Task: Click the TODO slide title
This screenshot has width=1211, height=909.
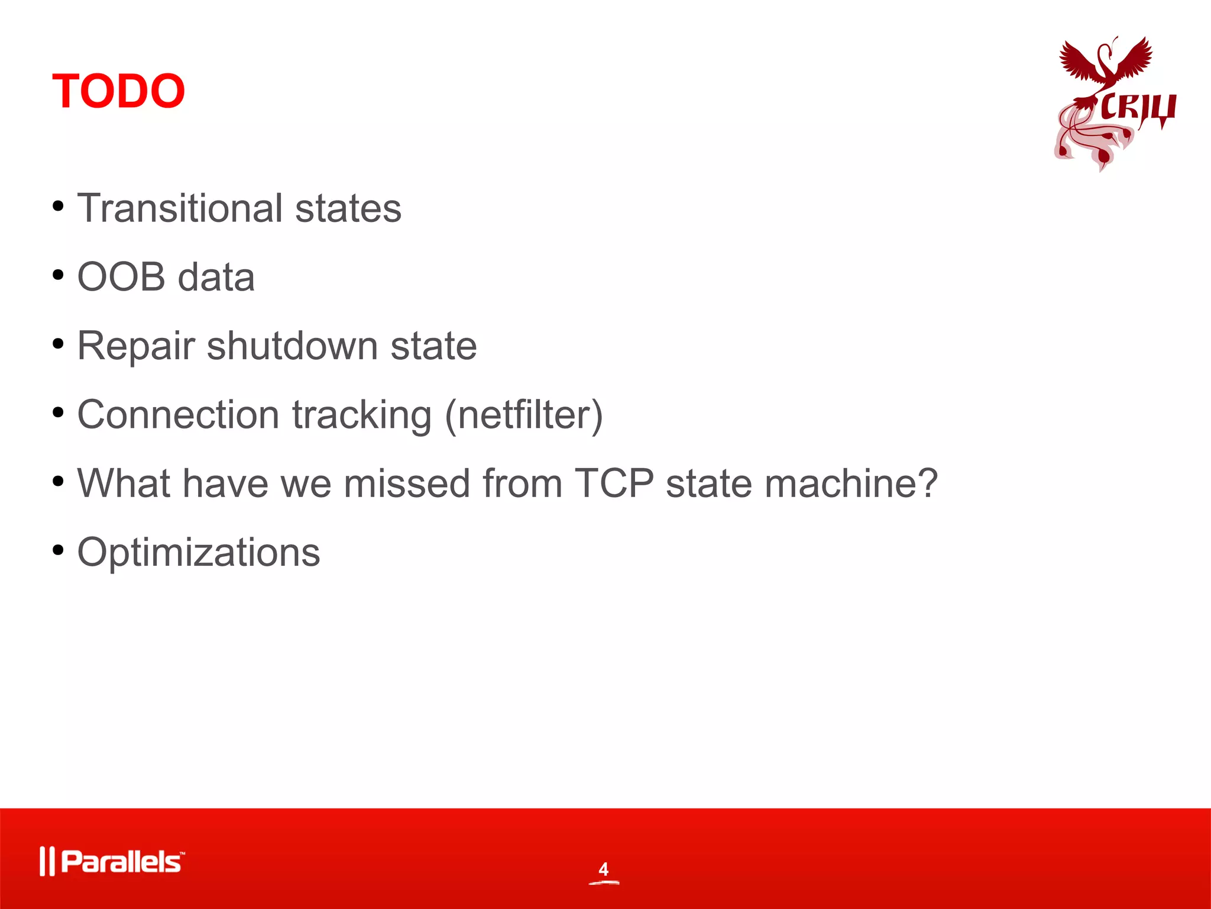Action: [118, 91]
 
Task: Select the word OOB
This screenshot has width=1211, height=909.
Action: [121, 277]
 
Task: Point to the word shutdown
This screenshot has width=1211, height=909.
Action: [292, 346]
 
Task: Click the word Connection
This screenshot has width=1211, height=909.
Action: [178, 414]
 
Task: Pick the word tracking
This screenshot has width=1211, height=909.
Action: [362, 415]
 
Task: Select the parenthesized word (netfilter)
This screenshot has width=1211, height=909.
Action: [523, 415]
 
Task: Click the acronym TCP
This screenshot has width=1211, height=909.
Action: [614, 483]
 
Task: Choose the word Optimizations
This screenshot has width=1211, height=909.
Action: [199, 553]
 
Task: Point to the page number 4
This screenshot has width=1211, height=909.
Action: [603, 869]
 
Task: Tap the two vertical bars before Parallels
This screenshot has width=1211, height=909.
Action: [47, 862]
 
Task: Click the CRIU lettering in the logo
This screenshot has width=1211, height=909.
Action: [1138, 109]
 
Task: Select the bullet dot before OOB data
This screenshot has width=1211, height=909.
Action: [58, 275]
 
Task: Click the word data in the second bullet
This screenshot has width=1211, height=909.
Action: [216, 277]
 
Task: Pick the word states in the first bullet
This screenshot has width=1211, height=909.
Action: [348, 208]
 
